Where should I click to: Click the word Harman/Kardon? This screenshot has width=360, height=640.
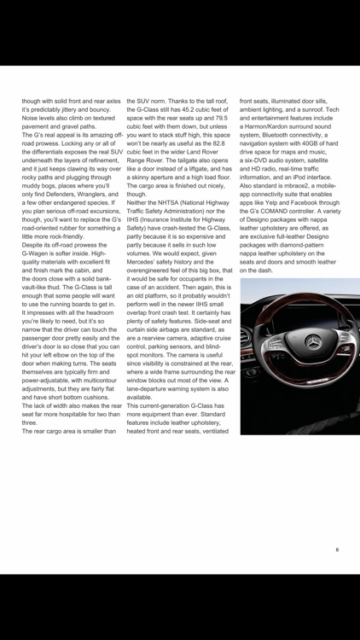tap(270, 127)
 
